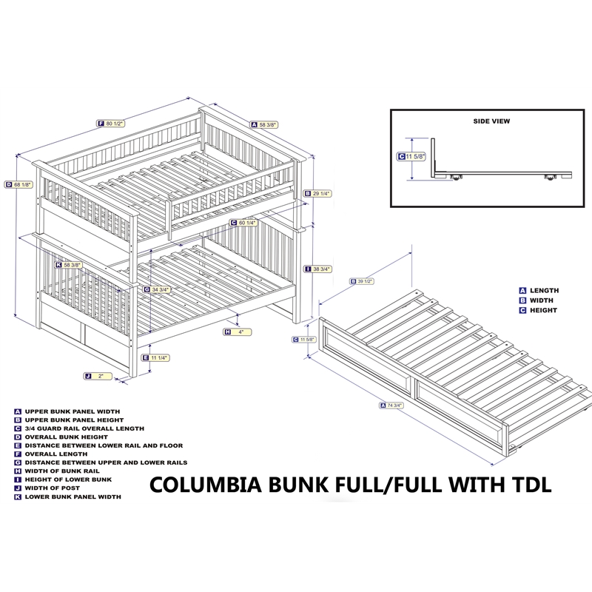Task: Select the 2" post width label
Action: pos(98,376)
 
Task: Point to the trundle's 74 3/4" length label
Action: pos(393,405)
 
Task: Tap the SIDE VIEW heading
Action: pos(491,120)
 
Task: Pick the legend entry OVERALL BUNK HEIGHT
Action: pos(66,437)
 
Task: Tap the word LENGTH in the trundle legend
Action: pos(545,291)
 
